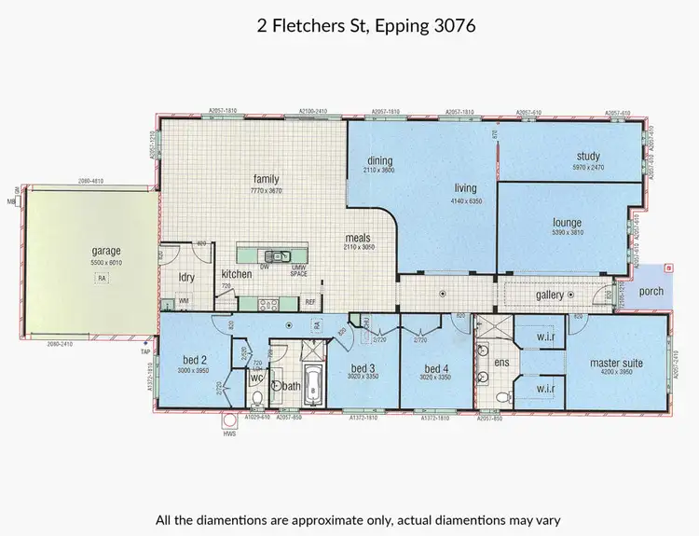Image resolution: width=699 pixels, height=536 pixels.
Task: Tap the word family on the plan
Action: coord(267,179)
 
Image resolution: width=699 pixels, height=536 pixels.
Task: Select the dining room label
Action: coord(380,159)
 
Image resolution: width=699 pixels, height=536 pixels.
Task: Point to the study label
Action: coord(587,156)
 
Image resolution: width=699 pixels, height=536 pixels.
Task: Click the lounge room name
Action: coord(567,223)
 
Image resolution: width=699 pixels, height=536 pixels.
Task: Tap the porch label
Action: coord(651,292)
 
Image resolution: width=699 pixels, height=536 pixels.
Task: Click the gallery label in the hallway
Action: coord(552,295)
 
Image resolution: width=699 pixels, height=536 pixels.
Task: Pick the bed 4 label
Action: coord(436,367)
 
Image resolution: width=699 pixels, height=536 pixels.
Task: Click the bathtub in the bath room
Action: coord(313,384)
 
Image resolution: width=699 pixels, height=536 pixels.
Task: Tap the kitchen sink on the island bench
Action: coord(276,255)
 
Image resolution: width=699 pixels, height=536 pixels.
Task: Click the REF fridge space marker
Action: coord(310,301)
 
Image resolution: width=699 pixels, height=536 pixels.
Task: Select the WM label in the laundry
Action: coord(183,301)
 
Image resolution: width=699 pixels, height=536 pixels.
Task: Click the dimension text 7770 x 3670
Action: coord(267,190)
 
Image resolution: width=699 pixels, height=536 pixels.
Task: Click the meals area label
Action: coord(359,238)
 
